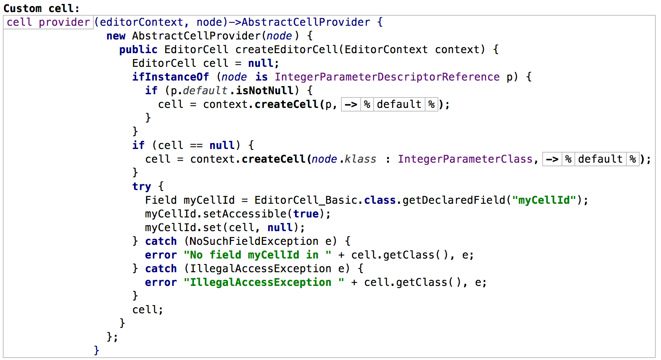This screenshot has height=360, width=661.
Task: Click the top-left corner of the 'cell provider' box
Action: coord(4,16)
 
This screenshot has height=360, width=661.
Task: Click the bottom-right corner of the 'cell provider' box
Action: coord(93,29)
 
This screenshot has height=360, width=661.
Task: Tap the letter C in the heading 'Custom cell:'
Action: coord(7,8)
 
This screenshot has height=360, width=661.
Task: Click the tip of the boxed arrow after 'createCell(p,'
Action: coord(357,104)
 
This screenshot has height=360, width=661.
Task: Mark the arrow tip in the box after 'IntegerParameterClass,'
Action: coord(558,159)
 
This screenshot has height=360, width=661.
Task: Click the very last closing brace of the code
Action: coord(97,350)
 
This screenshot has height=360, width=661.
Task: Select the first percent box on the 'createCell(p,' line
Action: coord(367,104)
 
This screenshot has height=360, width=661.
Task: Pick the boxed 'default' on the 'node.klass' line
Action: coord(600,159)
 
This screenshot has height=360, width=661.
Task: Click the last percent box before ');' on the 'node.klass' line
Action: coord(633,159)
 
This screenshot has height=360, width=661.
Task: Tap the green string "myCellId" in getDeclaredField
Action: coord(544,201)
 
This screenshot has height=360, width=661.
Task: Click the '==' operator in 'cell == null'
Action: coord(196,145)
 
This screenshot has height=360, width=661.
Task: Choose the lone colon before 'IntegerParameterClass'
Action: coord(388,159)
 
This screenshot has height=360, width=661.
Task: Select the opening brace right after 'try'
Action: coord(161,186)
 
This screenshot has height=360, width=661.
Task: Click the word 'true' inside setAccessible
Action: coord(306,214)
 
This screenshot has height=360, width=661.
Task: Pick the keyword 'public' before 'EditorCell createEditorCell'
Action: coord(138,50)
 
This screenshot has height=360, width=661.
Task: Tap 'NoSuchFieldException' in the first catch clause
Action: coord(254,241)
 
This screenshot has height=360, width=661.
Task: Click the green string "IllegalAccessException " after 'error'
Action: coord(264,282)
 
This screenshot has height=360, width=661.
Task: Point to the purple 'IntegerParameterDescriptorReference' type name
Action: coord(387,77)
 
